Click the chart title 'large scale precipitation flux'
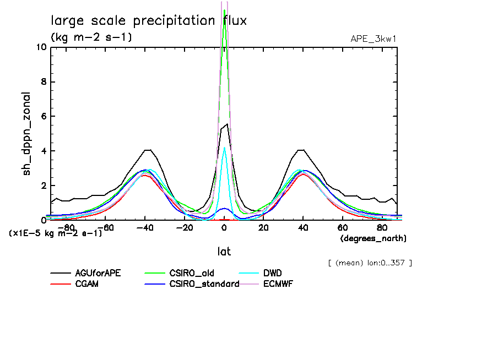coord(149,21)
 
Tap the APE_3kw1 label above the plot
coord(373,39)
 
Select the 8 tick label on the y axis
coord(43,82)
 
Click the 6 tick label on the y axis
coord(43,117)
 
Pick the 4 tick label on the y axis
coord(43,151)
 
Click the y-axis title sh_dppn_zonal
coord(26,134)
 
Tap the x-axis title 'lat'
coord(224,252)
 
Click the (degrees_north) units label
coord(373,238)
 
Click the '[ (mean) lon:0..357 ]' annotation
coord(370,263)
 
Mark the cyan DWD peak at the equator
coord(224,148)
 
